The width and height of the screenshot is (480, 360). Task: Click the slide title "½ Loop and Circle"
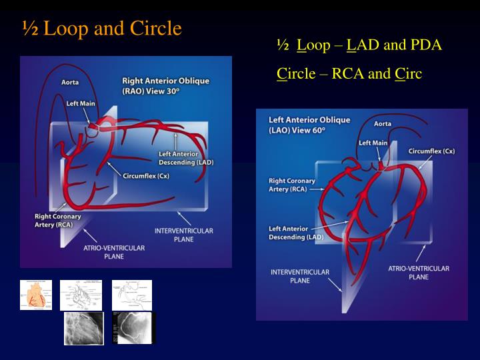(101, 29)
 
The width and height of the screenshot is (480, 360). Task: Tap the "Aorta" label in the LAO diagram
(383, 124)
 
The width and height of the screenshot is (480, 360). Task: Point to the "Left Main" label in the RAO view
(81, 103)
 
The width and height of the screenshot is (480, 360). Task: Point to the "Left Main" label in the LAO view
(373, 143)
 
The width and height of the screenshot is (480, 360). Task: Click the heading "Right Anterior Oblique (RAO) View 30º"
(165, 85)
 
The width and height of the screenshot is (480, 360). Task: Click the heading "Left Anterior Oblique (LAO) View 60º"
(309, 125)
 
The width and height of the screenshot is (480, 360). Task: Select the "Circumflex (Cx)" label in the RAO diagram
(146, 176)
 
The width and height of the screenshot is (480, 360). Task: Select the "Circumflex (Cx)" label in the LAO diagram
(431, 151)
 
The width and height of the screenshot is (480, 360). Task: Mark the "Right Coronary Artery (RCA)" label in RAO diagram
(57, 221)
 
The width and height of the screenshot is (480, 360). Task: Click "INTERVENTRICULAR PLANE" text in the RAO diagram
(183, 235)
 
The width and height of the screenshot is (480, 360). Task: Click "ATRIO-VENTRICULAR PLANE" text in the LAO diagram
(419, 272)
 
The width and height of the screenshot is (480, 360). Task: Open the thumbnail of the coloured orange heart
(36, 295)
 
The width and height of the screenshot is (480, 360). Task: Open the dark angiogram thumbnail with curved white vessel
(135, 328)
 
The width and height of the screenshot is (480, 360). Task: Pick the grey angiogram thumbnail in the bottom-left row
(84, 328)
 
